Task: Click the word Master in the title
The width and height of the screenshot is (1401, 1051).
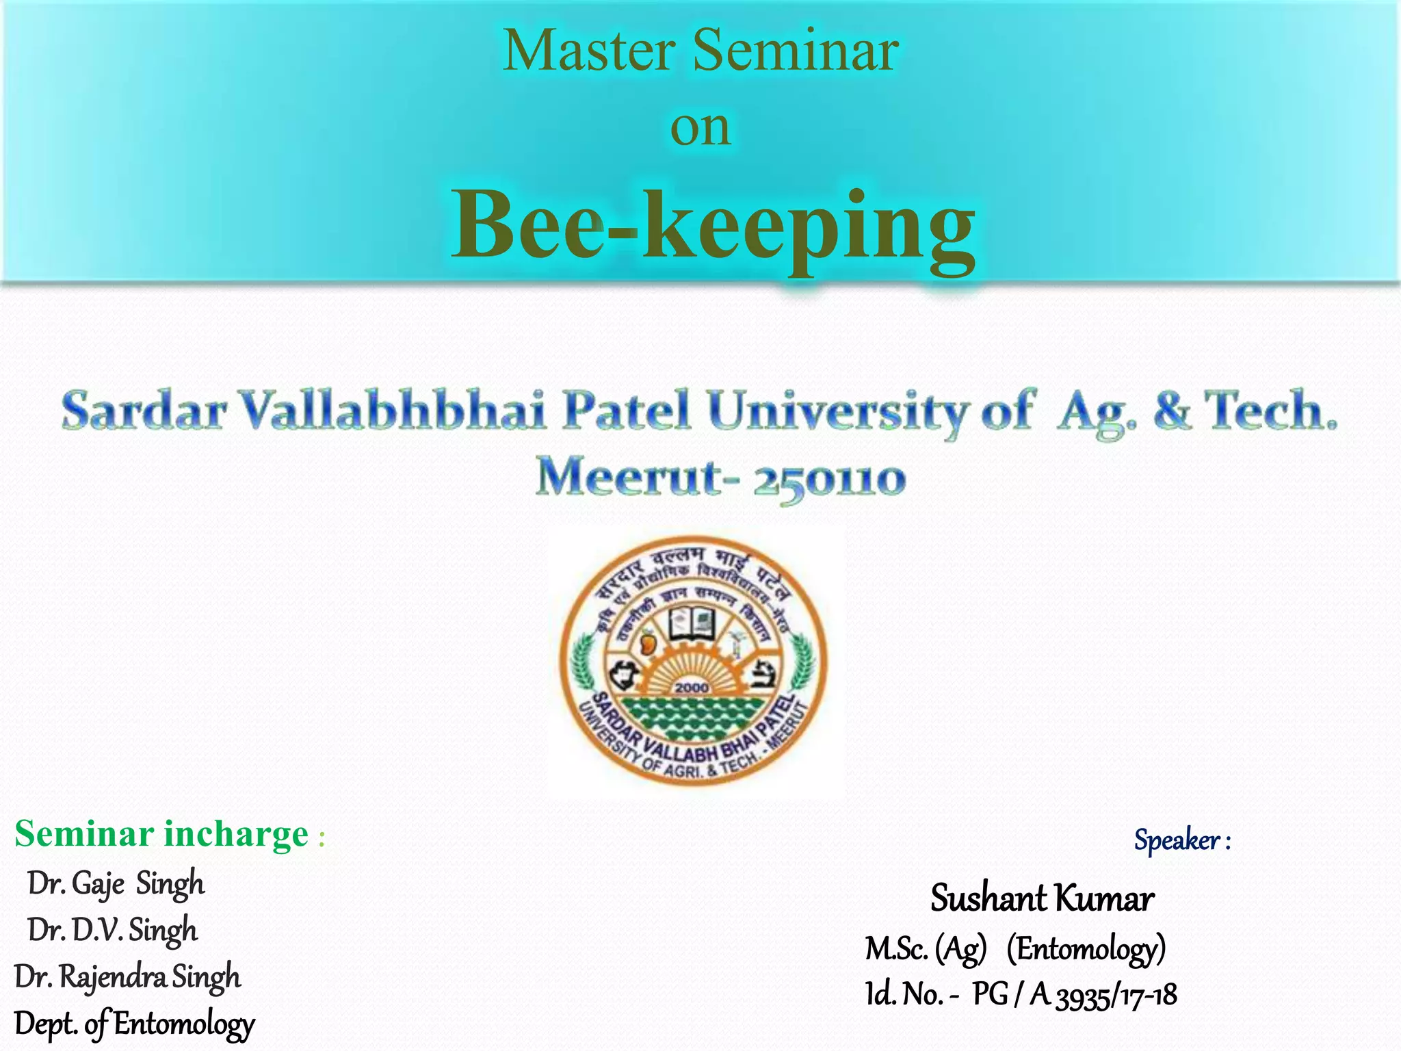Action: click(x=589, y=51)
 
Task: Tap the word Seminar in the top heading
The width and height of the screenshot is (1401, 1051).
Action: click(x=796, y=51)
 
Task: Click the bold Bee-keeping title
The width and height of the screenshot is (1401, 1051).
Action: click(x=713, y=226)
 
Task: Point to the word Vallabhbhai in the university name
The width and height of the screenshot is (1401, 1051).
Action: click(x=394, y=411)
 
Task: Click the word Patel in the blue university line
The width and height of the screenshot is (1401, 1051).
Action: click(x=626, y=411)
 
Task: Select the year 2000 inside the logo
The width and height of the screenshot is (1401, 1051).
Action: click(x=692, y=687)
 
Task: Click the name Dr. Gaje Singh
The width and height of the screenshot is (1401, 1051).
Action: click(x=116, y=883)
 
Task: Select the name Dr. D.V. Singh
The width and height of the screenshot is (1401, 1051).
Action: click(x=112, y=931)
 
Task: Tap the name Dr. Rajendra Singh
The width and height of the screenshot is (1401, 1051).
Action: click(x=127, y=977)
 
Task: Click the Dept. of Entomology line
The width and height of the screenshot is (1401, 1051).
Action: click(x=134, y=1024)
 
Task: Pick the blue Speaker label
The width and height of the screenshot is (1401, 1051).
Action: click(x=1181, y=840)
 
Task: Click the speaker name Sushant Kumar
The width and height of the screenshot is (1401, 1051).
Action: click(x=1042, y=898)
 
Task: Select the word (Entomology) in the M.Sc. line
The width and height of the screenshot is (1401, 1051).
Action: click(x=1086, y=949)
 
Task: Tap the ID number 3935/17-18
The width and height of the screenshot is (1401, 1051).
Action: click(x=1116, y=996)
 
